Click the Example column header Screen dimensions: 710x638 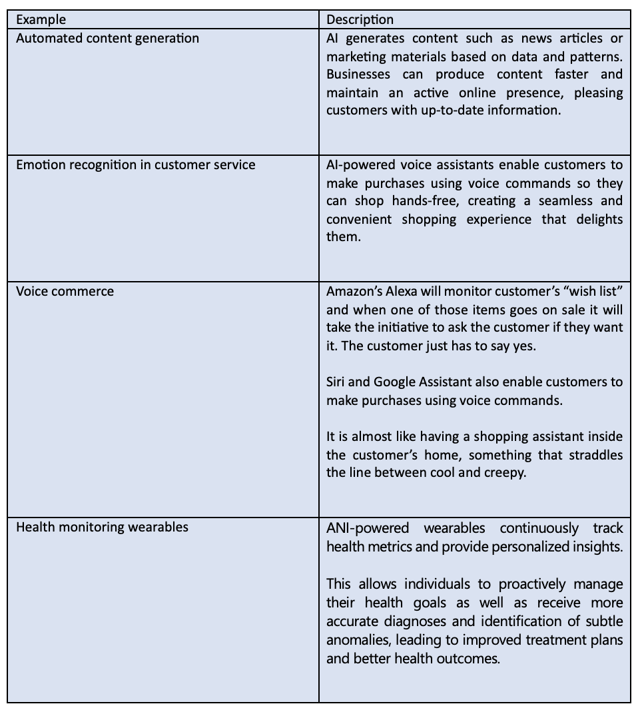tap(41, 20)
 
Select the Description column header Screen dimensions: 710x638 tap(360, 20)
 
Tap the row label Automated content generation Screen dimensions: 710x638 tap(107, 38)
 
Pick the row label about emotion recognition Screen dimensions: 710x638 tap(135, 165)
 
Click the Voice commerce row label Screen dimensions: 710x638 tap(65, 291)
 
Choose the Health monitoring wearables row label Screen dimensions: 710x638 tap(102, 527)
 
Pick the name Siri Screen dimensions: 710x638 tap(337, 382)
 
